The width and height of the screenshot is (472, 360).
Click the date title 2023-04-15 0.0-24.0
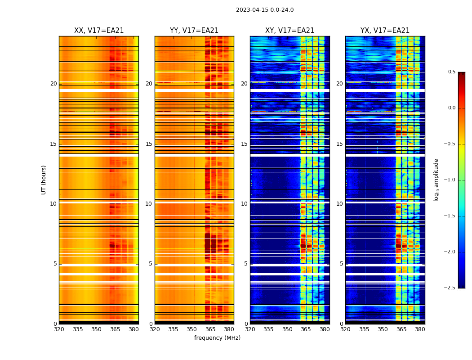point(265,10)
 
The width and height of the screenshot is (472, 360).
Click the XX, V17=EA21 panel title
point(99,31)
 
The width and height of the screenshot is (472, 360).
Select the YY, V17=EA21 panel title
point(194,31)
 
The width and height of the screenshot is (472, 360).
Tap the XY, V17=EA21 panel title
point(289,31)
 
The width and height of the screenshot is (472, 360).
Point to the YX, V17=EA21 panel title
point(385,31)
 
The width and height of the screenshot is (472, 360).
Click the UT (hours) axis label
point(44,180)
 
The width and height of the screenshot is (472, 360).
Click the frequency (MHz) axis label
point(217,338)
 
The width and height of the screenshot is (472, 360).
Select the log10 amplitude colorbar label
point(436,180)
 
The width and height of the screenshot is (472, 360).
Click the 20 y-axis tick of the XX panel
point(53,84)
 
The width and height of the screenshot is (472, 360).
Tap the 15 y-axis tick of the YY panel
point(149,144)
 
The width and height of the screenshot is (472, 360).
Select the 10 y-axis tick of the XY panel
point(244,204)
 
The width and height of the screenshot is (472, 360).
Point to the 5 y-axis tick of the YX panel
point(341,264)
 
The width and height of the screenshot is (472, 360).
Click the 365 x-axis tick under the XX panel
point(115,329)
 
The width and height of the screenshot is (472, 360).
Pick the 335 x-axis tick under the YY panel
point(173,329)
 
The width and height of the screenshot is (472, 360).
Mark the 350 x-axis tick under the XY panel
point(287,329)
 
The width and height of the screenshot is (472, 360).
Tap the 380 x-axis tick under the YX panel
point(420,329)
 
